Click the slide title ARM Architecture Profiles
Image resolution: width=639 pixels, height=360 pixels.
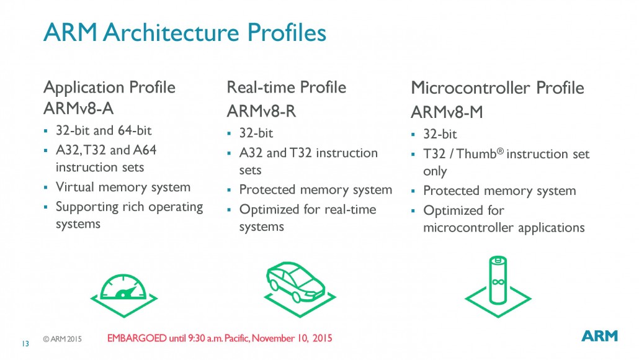tap(184, 33)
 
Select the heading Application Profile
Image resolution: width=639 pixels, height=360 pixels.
tap(109, 87)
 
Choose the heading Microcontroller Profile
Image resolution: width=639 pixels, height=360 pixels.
tap(497, 88)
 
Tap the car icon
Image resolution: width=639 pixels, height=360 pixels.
tap(295, 282)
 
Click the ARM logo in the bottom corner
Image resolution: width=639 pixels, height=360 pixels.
tap(599, 336)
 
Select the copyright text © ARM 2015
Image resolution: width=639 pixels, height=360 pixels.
tap(62, 340)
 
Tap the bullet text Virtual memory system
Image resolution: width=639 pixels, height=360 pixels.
tap(123, 187)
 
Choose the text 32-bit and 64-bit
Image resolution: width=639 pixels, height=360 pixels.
tap(104, 131)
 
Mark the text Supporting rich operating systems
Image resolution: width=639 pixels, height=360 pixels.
tap(129, 215)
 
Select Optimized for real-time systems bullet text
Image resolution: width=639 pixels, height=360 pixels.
tap(307, 217)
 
